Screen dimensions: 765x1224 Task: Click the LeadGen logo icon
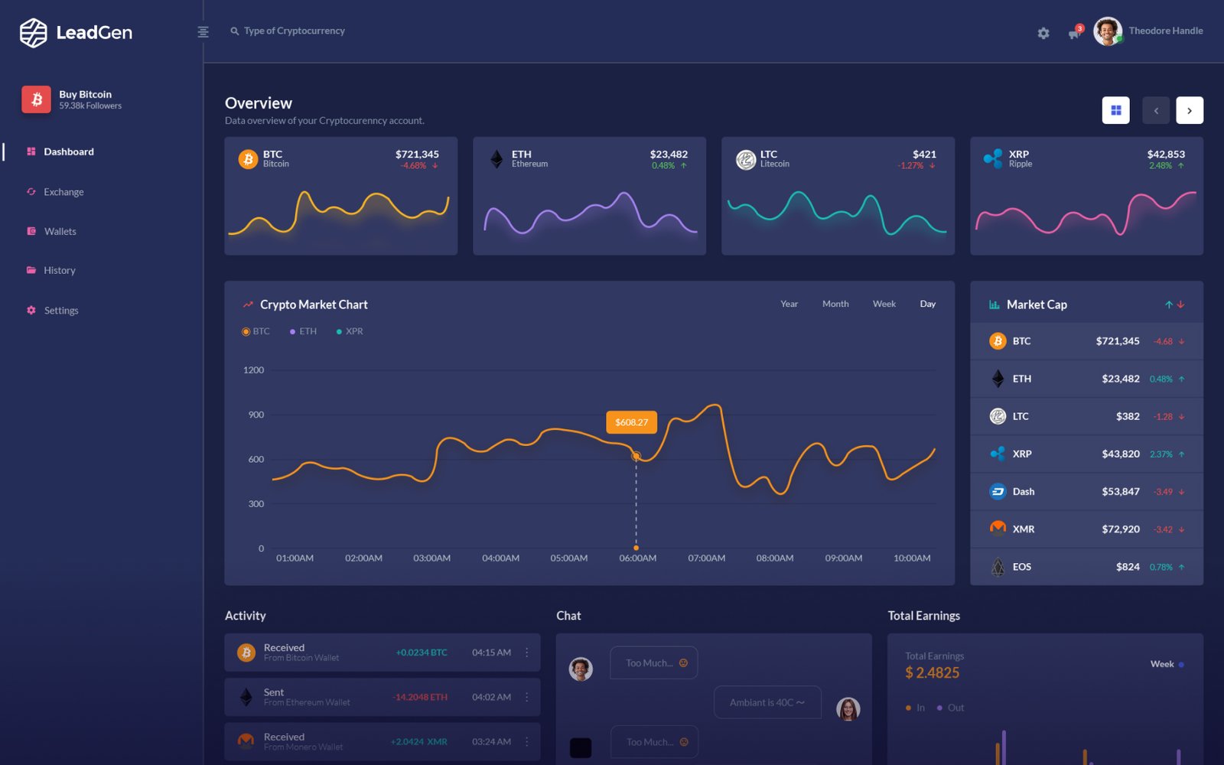point(34,33)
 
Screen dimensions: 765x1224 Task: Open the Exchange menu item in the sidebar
point(63,192)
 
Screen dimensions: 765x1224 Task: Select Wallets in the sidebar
point(60,232)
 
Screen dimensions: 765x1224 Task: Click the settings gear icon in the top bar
point(1043,33)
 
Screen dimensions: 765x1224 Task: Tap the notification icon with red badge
point(1075,33)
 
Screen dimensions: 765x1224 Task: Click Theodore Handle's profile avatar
point(1107,31)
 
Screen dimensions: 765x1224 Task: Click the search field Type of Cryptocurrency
point(294,31)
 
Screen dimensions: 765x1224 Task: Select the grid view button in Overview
point(1115,110)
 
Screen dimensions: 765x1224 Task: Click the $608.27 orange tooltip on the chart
point(631,422)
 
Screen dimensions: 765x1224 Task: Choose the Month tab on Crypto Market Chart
point(835,304)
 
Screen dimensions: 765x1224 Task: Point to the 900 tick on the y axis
point(256,415)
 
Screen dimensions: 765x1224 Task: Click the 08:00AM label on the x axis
point(774,558)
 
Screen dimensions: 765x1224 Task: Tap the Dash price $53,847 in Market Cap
point(1120,492)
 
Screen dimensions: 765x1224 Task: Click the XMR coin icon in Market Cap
point(998,529)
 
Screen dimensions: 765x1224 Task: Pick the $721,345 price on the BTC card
point(417,155)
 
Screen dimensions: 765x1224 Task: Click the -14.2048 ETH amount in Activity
point(420,698)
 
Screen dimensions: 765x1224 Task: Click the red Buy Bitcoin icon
point(36,99)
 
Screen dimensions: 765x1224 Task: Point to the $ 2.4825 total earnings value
point(932,673)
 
